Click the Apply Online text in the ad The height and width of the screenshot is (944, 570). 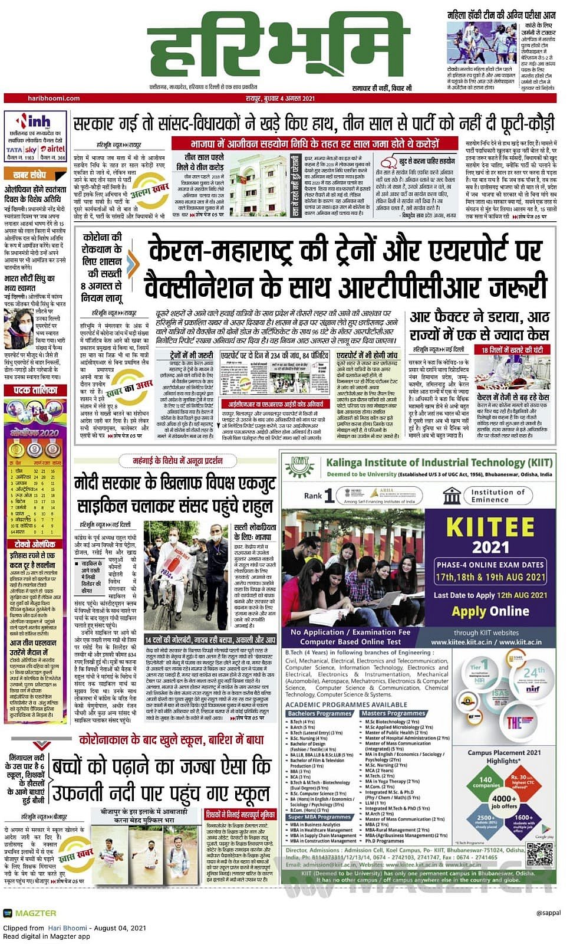coord(490,611)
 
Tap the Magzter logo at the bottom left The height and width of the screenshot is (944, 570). coord(29,913)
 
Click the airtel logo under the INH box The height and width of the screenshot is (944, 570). coord(53,150)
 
